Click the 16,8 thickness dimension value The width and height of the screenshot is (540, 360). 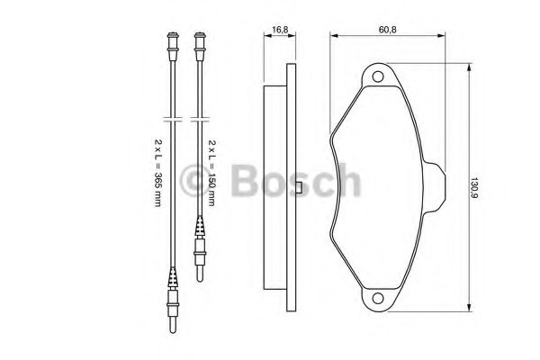click(x=280, y=30)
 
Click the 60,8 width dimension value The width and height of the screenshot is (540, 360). click(x=388, y=30)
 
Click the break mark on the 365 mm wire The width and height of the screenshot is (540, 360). click(x=171, y=120)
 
